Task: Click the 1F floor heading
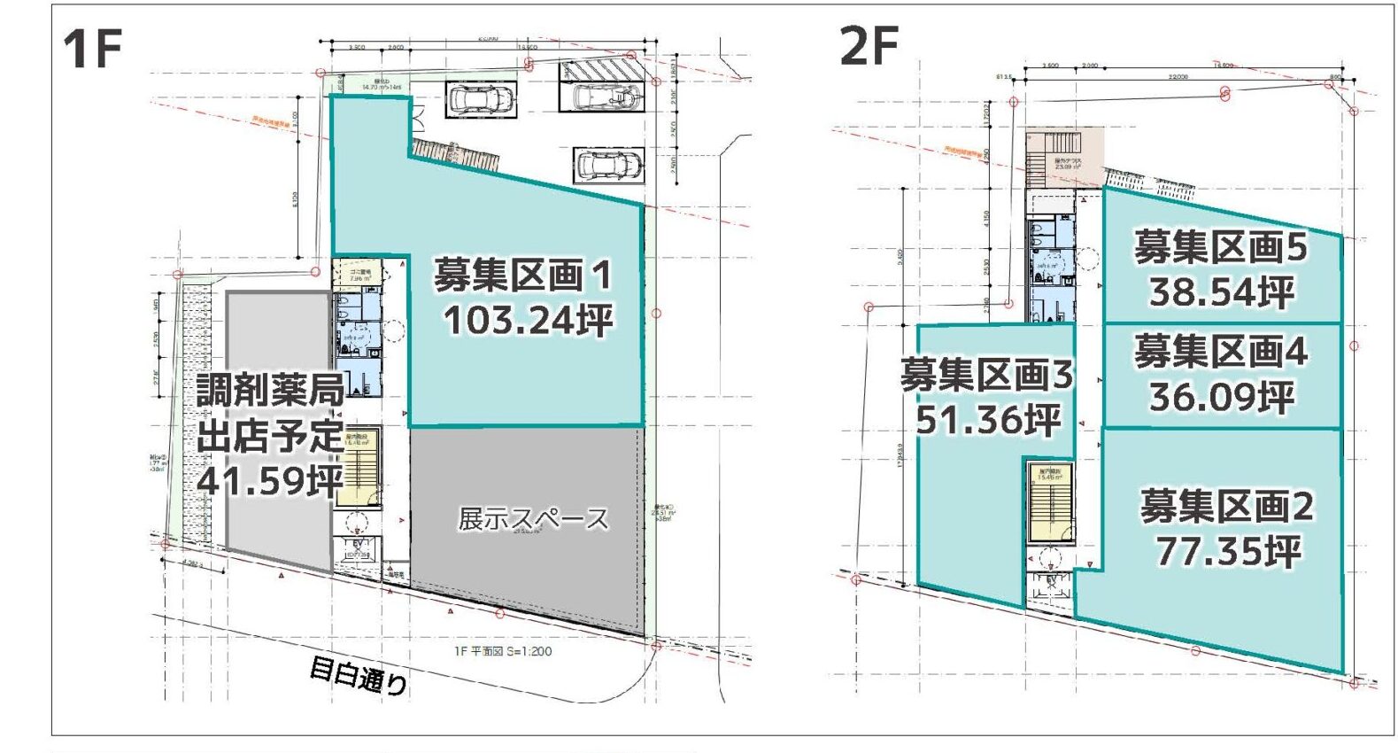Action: click(92, 48)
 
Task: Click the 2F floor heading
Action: click(869, 45)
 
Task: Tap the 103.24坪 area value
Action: click(529, 320)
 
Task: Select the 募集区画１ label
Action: click(522, 276)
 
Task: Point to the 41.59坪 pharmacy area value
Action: click(270, 481)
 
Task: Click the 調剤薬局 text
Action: click(270, 391)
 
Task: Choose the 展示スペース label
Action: click(533, 519)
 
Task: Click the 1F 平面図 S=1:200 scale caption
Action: click(502, 651)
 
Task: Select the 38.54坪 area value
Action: click(1222, 291)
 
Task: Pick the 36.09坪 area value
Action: click(1222, 396)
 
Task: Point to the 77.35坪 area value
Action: click(1228, 551)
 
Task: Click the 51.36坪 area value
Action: click(988, 419)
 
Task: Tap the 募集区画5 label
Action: click(1220, 247)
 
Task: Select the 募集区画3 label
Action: click(986, 376)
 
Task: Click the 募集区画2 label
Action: click(1226, 507)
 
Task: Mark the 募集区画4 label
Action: click(1220, 352)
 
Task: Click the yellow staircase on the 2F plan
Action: click(1051, 501)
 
